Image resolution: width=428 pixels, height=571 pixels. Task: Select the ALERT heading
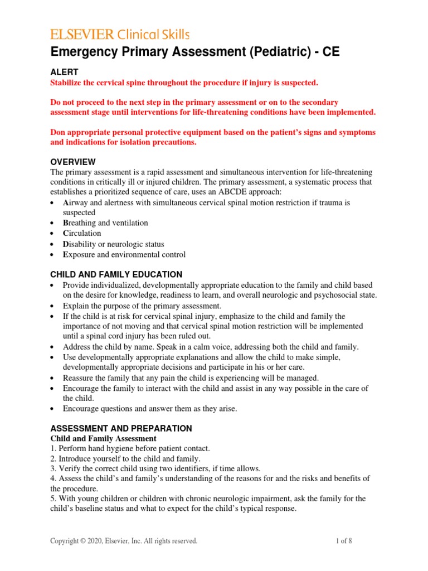pos(64,72)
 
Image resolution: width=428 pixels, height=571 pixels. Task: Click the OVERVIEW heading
pos(73,162)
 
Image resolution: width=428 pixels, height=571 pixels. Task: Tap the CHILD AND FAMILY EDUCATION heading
pos(116,274)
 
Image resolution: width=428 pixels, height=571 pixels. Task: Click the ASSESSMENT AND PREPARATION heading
pos(121,428)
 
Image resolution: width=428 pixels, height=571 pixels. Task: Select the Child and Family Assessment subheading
pos(103,439)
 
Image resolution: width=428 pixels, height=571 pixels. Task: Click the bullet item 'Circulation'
pos(82,233)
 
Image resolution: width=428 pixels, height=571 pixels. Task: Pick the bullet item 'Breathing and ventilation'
pos(105,222)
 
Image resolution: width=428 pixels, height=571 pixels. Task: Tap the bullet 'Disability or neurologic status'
pos(113,244)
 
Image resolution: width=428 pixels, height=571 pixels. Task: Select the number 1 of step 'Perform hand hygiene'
pos(52,449)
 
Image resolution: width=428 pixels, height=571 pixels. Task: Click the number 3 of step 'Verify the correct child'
pos(52,468)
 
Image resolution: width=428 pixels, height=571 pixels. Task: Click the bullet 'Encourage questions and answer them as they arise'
pos(149,408)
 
